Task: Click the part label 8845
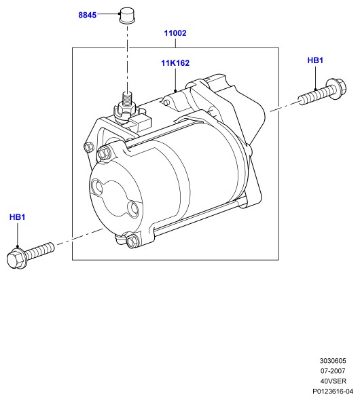(88, 15)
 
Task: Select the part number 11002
(175, 33)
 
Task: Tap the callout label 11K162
(175, 63)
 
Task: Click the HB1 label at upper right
(315, 60)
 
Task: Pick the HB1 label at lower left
(18, 217)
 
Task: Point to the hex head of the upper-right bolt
(336, 88)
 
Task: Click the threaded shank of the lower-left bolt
(40, 250)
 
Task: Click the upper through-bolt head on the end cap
(104, 153)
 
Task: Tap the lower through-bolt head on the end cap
(132, 240)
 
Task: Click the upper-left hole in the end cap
(98, 187)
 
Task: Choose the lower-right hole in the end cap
(133, 208)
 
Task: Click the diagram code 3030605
(333, 361)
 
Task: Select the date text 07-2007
(333, 371)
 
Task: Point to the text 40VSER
(333, 381)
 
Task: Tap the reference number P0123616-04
(333, 392)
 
